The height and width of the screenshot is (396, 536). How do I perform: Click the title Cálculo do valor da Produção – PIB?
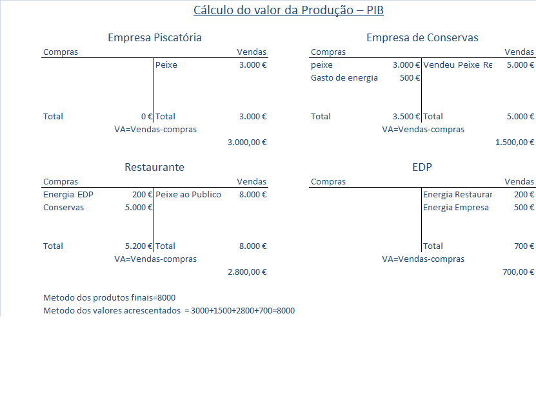(288, 10)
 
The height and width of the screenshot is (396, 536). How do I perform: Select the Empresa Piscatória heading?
(155, 37)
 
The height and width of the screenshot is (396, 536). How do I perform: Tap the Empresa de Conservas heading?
(422, 37)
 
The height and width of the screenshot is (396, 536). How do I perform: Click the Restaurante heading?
(154, 167)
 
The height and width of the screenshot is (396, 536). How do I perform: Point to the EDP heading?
(422, 167)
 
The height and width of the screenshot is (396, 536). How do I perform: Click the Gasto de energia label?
(344, 78)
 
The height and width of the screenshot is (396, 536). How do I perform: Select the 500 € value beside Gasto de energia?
(410, 78)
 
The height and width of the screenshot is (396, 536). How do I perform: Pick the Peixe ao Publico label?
(188, 195)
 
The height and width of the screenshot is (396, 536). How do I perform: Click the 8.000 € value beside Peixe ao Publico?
(252, 195)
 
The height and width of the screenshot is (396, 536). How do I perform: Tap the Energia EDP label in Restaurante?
(68, 195)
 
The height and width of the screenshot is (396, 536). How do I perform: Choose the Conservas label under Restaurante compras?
(63, 208)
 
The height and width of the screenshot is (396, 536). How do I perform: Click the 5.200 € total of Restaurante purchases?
(139, 246)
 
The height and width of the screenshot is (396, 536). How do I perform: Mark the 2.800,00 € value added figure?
(247, 272)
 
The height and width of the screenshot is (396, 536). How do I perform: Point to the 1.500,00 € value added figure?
(515, 143)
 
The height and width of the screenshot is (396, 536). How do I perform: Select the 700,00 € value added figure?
(519, 272)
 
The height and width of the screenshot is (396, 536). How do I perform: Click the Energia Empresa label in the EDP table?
(456, 208)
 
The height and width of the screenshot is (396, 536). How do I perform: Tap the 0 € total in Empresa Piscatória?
(146, 117)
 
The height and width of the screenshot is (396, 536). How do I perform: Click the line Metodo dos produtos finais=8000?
(109, 297)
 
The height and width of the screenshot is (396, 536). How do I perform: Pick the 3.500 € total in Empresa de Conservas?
(406, 117)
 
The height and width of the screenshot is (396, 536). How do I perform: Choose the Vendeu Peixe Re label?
(457, 65)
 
